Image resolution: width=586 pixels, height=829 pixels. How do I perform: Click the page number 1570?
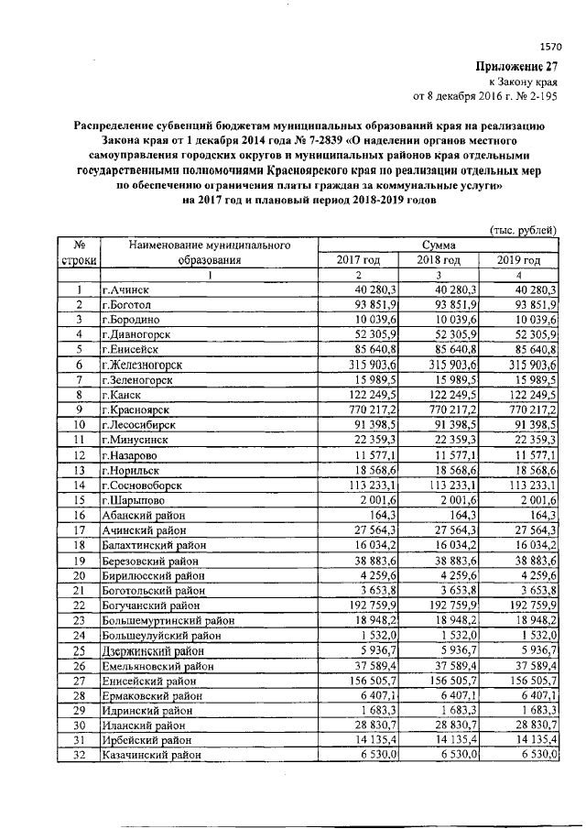(x=551, y=44)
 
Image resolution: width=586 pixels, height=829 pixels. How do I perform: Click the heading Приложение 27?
(x=515, y=66)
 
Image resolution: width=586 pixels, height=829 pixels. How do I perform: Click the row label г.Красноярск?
(x=136, y=409)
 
